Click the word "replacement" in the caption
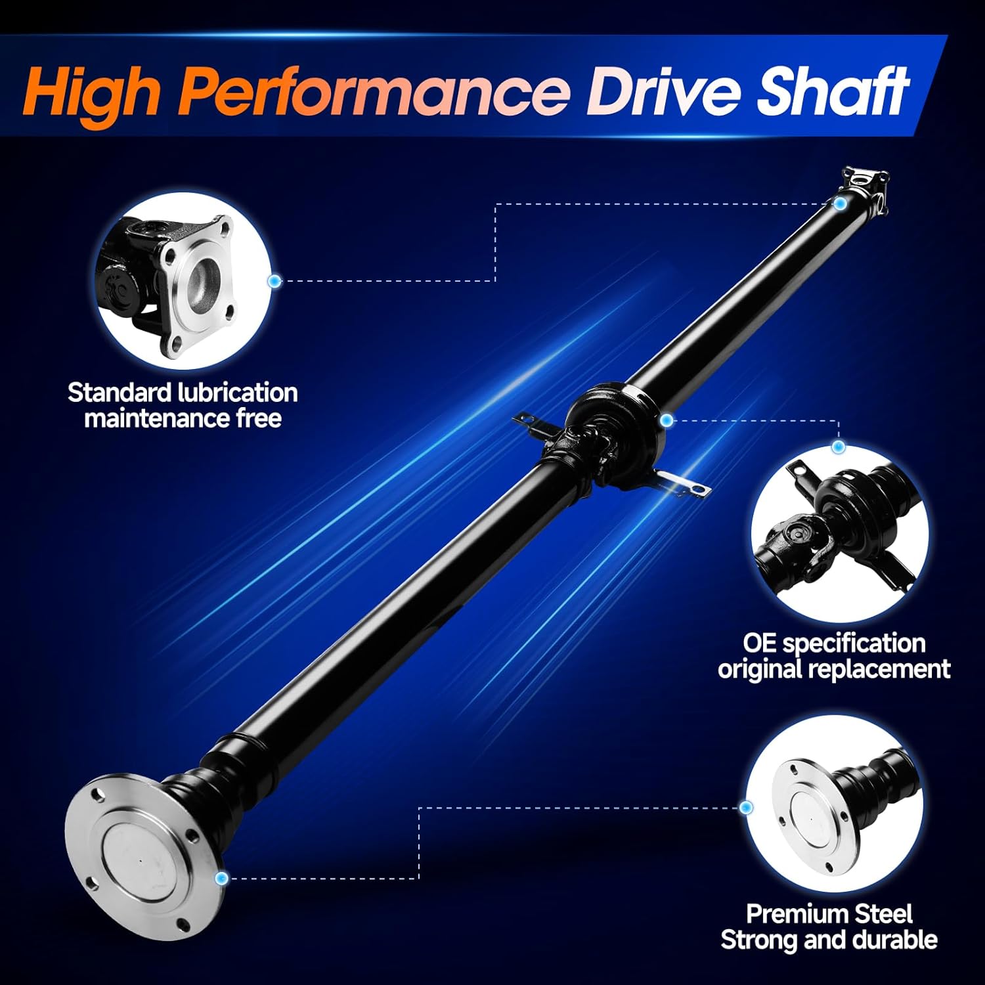(x=879, y=669)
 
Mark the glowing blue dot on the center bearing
(x=667, y=420)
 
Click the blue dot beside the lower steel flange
(x=221, y=877)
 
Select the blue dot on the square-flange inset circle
(x=274, y=281)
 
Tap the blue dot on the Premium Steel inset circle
(x=745, y=807)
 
